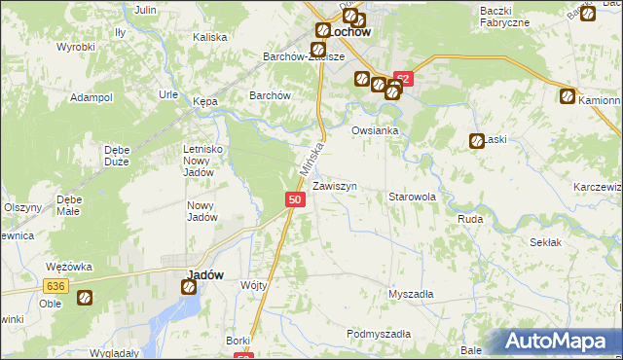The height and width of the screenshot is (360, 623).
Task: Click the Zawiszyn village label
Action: tap(341, 185)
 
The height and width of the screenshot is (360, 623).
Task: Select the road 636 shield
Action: tap(55, 285)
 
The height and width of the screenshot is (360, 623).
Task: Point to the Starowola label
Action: tap(412, 197)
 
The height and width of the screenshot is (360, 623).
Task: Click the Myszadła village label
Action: tap(411, 293)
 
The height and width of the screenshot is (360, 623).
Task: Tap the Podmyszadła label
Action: tap(379, 334)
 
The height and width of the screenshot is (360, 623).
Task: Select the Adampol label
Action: tap(92, 98)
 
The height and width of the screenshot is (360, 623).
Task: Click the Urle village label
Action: tap(167, 94)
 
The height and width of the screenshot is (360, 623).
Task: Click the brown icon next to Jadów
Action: tap(187, 287)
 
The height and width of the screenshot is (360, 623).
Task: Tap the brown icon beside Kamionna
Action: tap(567, 96)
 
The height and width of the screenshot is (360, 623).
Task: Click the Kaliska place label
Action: tap(209, 37)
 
